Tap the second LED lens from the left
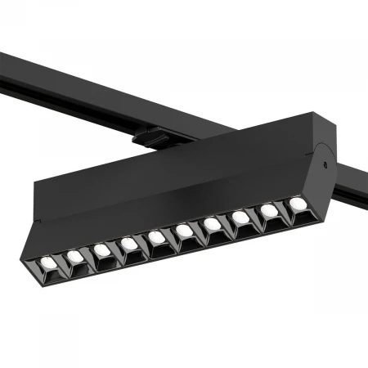coord(74,256)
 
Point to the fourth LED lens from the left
coord(128,243)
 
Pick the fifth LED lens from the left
coord(156,236)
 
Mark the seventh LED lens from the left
coord(213,223)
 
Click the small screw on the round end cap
coord(325,164)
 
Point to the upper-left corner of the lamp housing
coord(36,181)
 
